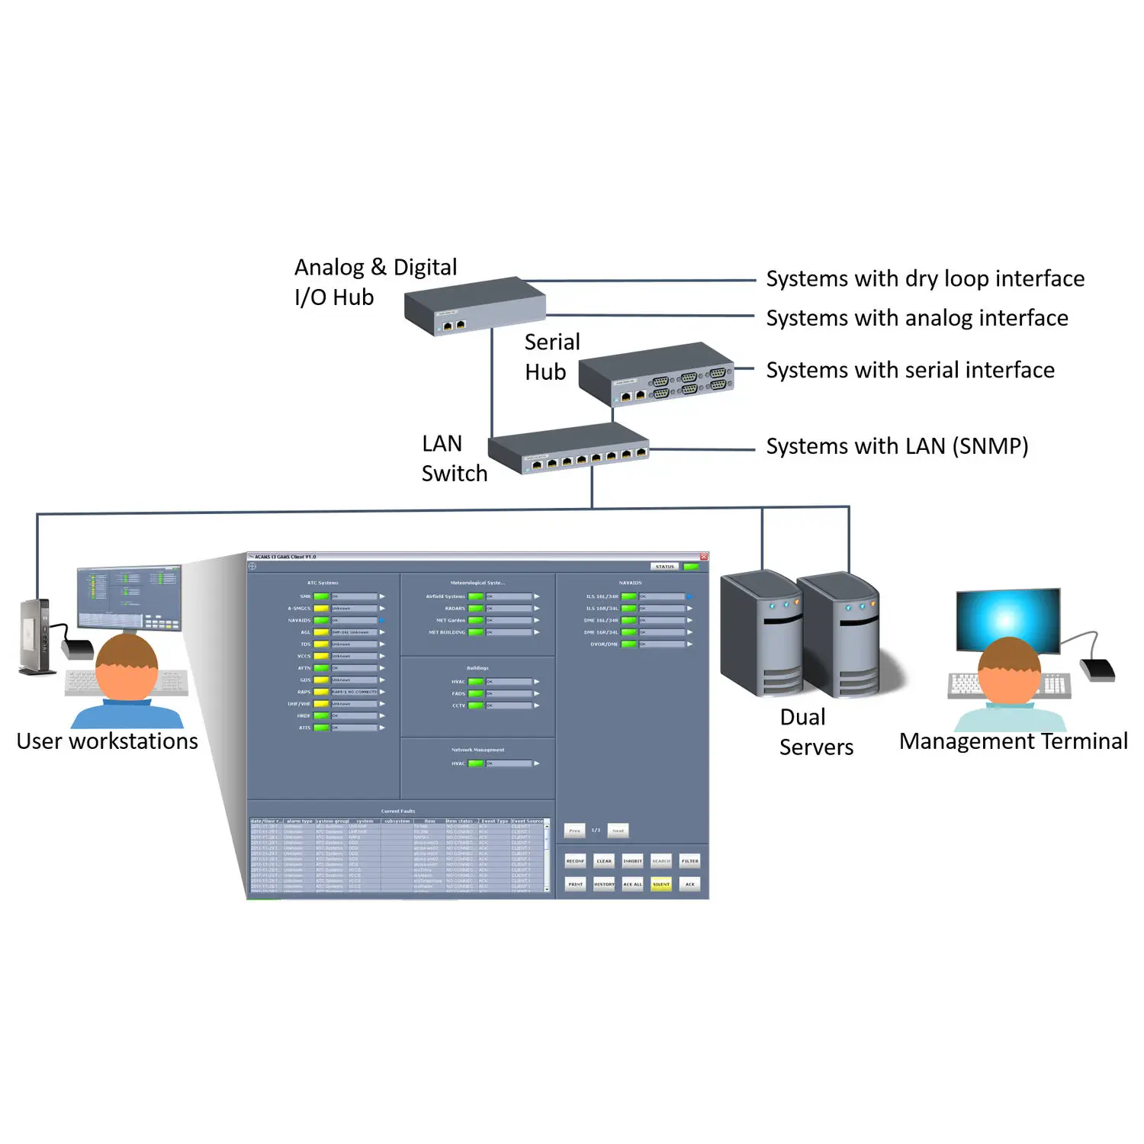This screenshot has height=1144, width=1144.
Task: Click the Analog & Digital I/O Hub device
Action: click(474, 305)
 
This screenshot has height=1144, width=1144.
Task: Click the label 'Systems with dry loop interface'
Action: click(924, 279)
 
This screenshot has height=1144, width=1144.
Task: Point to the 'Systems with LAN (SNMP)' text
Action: click(897, 446)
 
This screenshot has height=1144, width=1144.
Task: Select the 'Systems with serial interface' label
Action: click(910, 371)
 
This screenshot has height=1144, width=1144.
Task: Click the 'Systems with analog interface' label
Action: click(917, 318)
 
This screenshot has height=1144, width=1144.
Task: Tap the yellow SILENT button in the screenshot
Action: click(661, 884)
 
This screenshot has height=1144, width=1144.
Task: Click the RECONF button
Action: click(575, 861)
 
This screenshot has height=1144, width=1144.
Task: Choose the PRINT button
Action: click(575, 884)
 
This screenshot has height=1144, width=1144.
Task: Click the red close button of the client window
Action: click(704, 557)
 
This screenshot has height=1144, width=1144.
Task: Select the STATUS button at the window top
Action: click(664, 567)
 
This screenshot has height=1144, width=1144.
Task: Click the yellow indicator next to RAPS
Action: click(321, 692)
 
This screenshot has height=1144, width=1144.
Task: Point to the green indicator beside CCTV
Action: click(475, 705)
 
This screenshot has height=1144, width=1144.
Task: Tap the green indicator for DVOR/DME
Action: click(628, 644)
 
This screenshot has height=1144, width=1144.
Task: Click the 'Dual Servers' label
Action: click(815, 732)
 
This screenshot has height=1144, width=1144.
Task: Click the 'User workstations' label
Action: click(108, 741)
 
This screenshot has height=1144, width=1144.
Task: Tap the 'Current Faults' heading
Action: click(398, 811)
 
